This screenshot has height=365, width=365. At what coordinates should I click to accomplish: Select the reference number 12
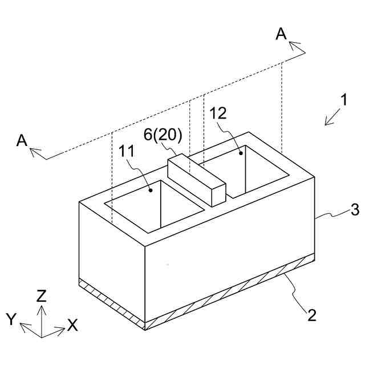pyautogui.click(x=218, y=113)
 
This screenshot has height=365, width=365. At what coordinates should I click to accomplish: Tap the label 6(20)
pyautogui.click(x=163, y=135)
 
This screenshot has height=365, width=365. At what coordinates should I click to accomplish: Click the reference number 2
pyautogui.click(x=311, y=314)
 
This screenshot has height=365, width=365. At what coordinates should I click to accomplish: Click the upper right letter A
pyautogui.click(x=281, y=34)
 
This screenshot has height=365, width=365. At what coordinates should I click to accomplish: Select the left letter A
pyautogui.click(x=22, y=140)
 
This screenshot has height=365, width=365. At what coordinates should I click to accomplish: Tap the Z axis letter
pyautogui.click(x=41, y=295)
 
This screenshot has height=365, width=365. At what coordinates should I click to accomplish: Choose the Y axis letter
pyautogui.click(x=11, y=319)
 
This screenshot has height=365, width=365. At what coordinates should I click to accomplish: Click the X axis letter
pyautogui.click(x=72, y=325)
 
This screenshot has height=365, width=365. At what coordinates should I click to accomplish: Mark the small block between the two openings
pyautogui.click(x=197, y=179)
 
